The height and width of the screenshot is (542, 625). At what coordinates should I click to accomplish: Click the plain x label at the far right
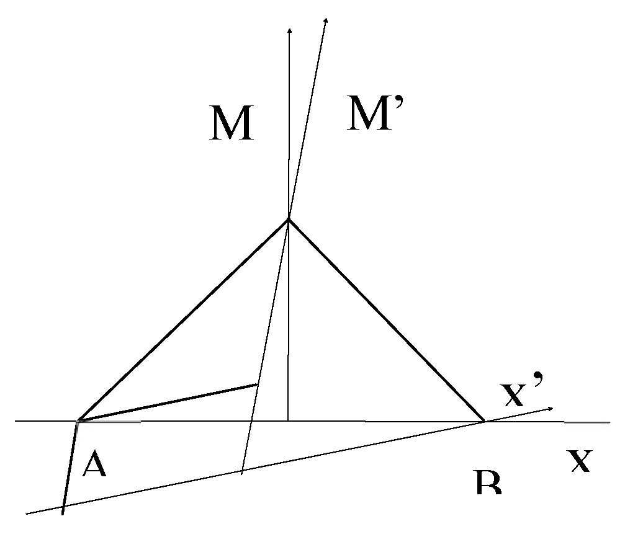coord(580,461)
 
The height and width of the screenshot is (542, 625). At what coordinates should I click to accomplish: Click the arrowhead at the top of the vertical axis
coord(289,29)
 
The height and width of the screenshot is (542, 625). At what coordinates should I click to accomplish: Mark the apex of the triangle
coord(289,218)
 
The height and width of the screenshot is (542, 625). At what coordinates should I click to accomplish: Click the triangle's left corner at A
coord(78,421)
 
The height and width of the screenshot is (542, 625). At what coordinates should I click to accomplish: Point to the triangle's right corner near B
coord(483,421)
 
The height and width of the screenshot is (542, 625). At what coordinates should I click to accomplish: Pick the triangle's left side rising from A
coord(183,320)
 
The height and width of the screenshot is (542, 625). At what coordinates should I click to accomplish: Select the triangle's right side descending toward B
coord(386,320)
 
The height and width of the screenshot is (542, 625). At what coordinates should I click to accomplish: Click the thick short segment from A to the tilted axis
coord(168,403)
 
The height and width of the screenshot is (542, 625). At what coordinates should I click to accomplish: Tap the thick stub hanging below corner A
coord(69,468)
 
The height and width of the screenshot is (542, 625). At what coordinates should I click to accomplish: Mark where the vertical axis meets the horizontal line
coord(289,421)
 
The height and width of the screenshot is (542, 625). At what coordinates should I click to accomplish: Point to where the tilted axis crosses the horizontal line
coord(251,421)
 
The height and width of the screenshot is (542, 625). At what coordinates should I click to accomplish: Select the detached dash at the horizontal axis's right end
coord(587,423)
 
